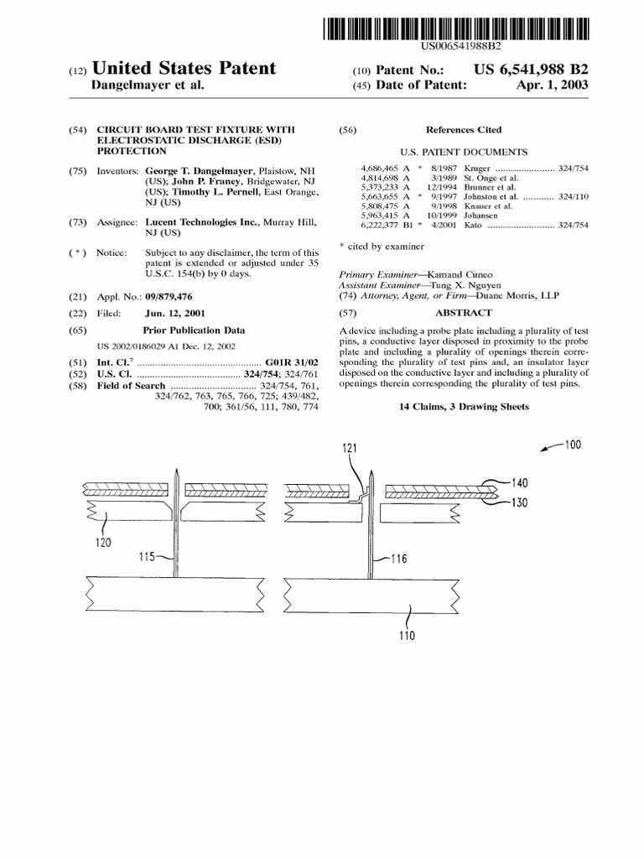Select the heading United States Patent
pyautogui.click(x=184, y=69)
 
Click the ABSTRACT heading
pyautogui.click(x=463, y=312)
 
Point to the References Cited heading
pyautogui.click(x=464, y=130)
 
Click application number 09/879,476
pyautogui.click(x=176, y=297)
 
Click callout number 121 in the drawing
pyautogui.click(x=351, y=450)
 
